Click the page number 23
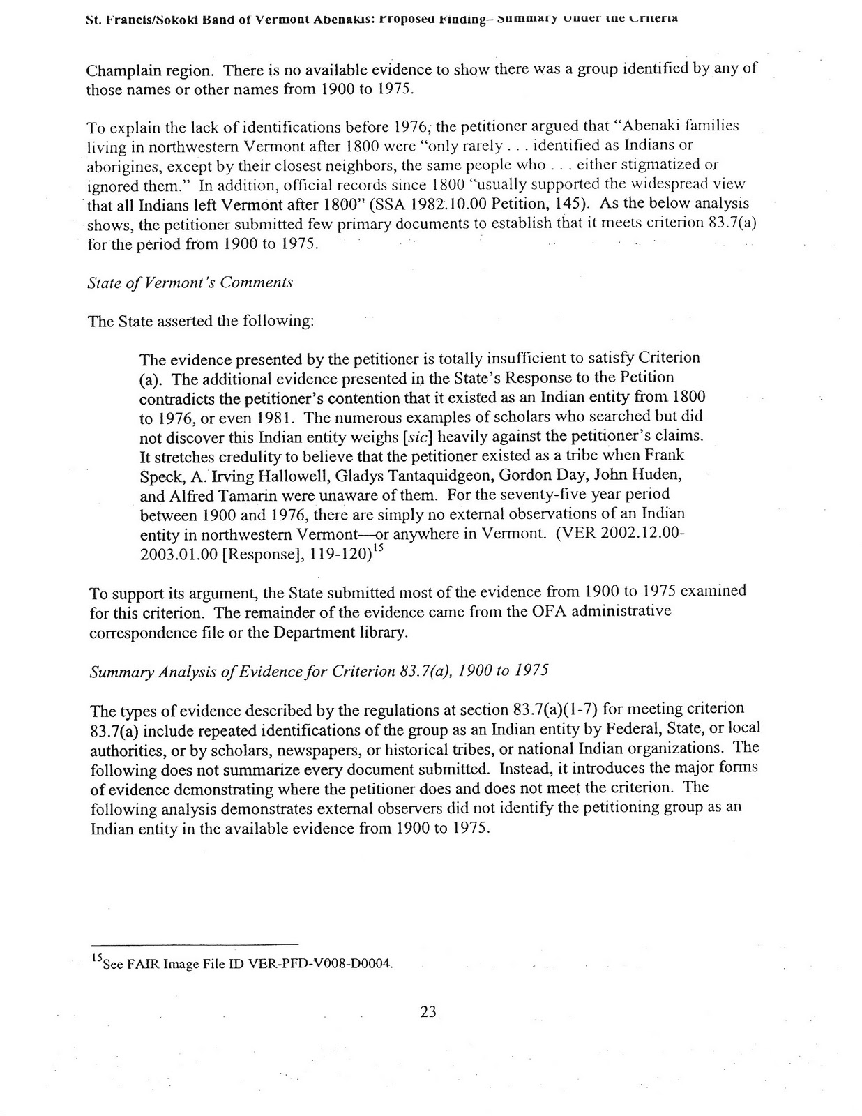428,1011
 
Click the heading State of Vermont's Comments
190,282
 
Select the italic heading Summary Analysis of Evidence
319,671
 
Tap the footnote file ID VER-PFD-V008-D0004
320,965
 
